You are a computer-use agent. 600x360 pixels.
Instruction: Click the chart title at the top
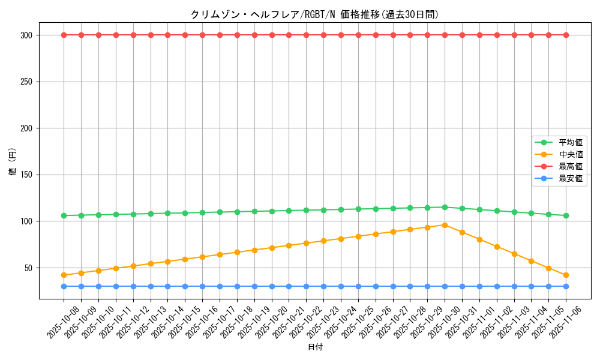click(x=314, y=14)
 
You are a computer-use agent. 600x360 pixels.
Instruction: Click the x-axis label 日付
click(x=315, y=347)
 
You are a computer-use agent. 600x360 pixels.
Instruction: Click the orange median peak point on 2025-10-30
click(x=445, y=225)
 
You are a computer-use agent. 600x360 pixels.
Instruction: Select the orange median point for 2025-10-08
click(x=64, y=275)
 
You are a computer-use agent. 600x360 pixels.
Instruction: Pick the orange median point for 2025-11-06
click(x=566, y=275)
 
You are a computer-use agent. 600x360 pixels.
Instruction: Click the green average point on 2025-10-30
click(x=445, y=207)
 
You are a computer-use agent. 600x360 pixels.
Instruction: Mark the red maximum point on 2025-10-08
click(x=64, y=35)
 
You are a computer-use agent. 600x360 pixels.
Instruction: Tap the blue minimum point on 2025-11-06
click(x=566, y=286)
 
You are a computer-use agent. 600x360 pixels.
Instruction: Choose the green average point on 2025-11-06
click(x=566, y=215)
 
